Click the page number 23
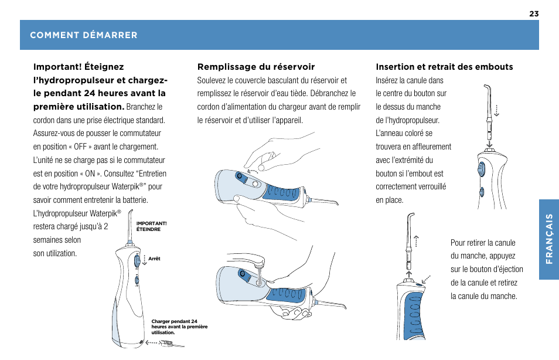533,13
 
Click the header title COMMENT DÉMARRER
84,35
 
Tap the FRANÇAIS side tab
548,239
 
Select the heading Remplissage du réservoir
256,67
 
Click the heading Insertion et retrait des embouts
444,67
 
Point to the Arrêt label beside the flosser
155,259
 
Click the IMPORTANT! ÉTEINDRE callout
151,226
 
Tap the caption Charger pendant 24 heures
179,327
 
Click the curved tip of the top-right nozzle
485,88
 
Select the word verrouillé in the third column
431,186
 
